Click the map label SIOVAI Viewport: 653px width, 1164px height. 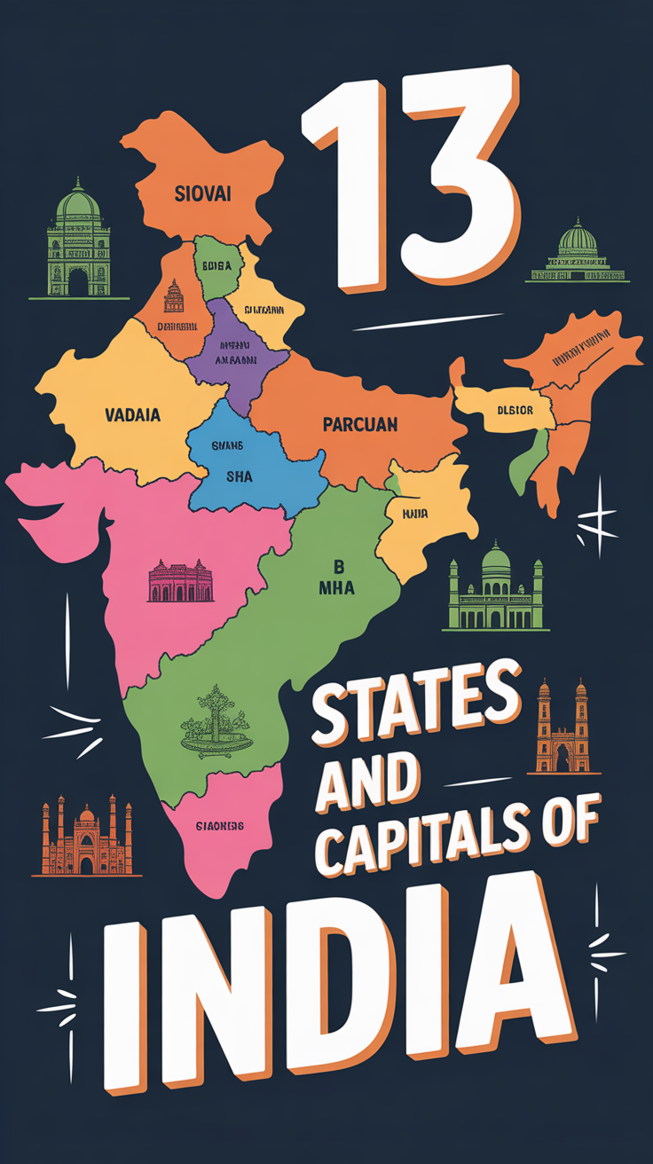coord(203,193)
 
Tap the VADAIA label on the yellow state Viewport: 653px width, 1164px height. coord(132,414)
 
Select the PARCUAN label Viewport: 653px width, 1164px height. coord(359,425)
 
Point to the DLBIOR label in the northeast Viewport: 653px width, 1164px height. coord(515,411)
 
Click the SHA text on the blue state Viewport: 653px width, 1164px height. coord(239,476)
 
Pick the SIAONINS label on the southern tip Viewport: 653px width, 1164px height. coord(219,826)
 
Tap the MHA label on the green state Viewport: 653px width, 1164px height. coord(337,587)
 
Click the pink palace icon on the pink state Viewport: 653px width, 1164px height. coord(180,581)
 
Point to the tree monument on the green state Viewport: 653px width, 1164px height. coord(213,719)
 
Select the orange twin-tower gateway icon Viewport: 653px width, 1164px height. coord(563,727)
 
